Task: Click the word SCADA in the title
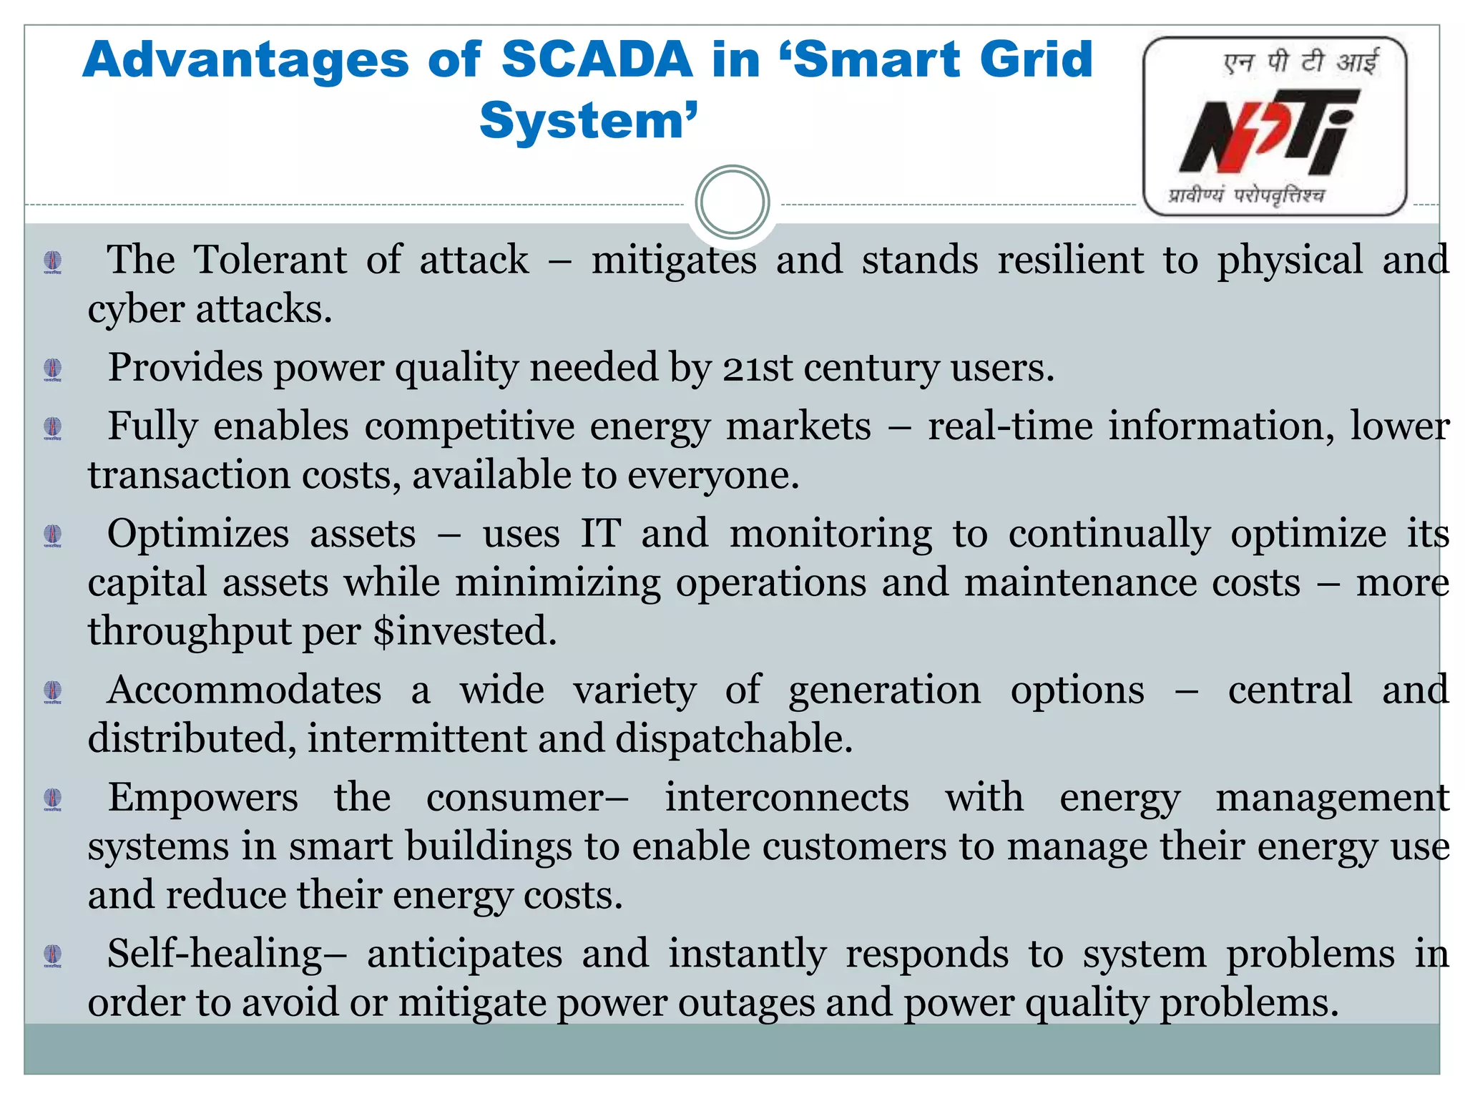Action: pos(597,59)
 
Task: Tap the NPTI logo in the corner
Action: pos(1275,127)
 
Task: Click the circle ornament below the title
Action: pos(732,202)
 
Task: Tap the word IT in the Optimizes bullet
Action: pos(600,534)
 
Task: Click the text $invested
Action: pos(465,631)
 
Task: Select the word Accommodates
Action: pos(244,690)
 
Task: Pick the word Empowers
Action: pos(203,798)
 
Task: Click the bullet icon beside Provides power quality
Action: pos(52,369)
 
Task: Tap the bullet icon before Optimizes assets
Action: pos(52,535)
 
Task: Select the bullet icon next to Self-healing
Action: pos(52,955)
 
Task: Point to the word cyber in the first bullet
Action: pos(136,309)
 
